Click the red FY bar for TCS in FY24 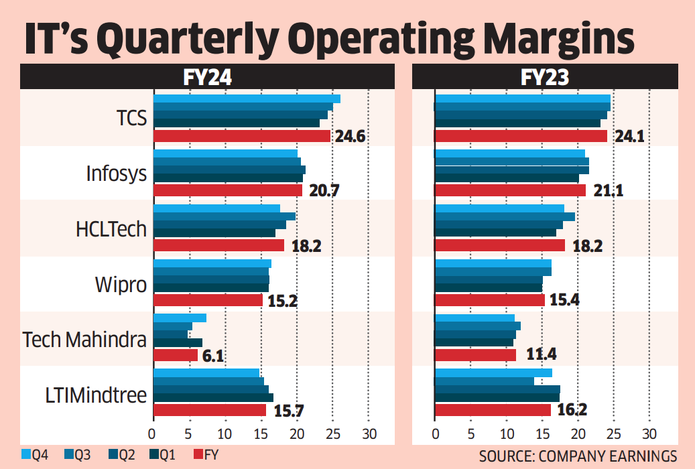point(242,136)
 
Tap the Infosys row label point(116,174)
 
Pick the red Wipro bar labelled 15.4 point(490,300)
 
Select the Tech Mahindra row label point(84,339)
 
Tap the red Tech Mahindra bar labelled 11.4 point(476,355)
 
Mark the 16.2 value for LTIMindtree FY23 point(573,410)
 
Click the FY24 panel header point(208,78)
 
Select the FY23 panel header point(545,78)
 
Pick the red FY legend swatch point(198,456)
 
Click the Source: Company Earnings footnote point(578,456)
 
